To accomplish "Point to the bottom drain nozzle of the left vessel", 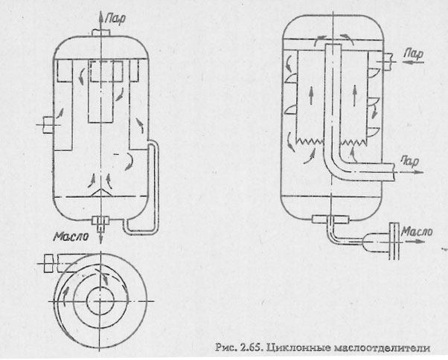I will click(x=100, y=220).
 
